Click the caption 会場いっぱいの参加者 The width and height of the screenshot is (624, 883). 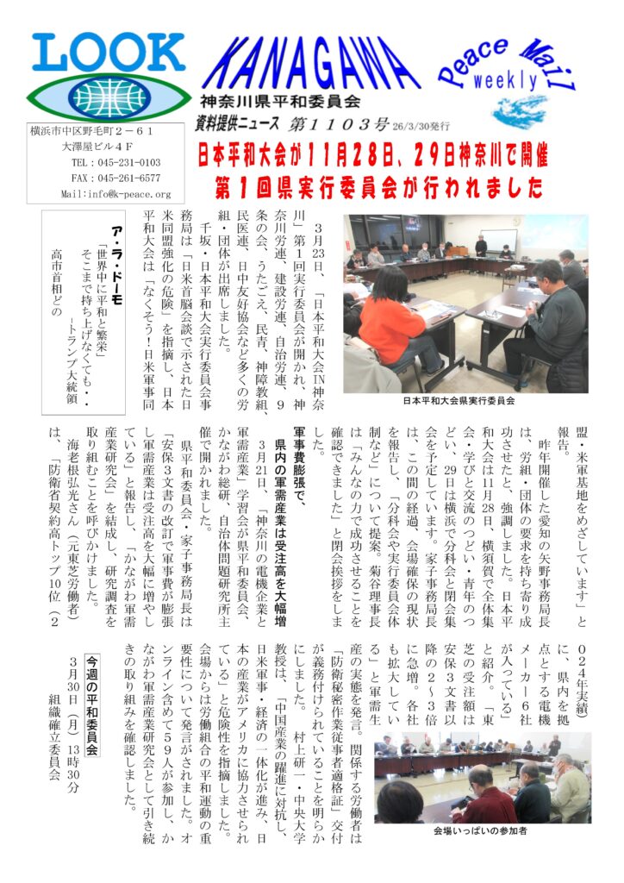[x=480, y=832]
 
